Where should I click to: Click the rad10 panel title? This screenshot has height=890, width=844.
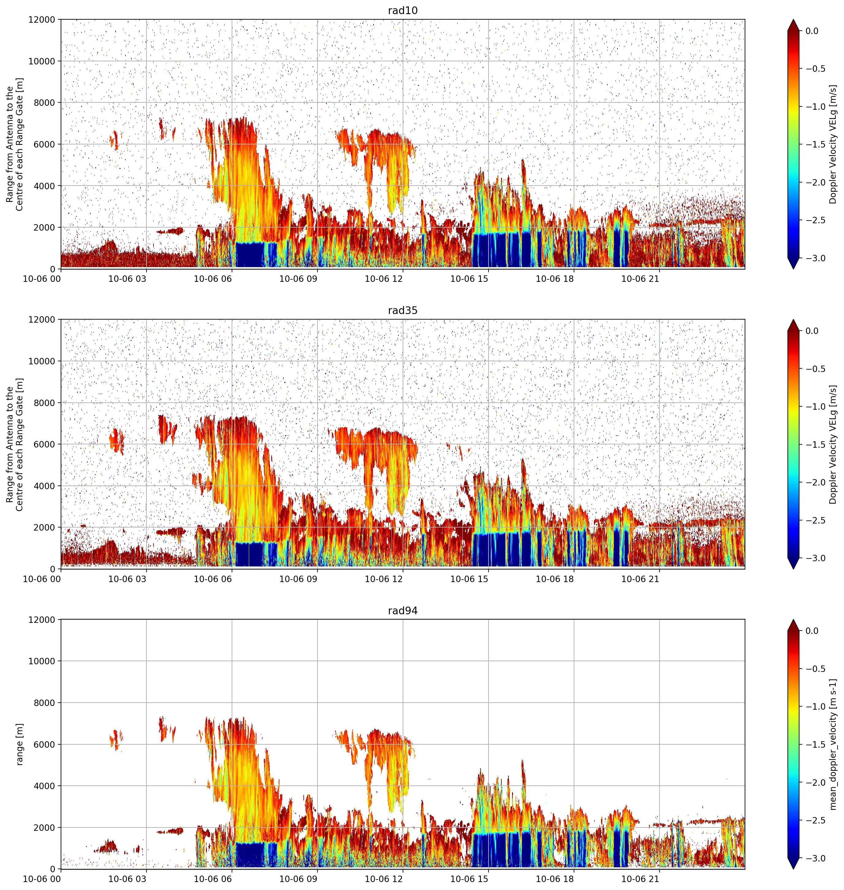coord(403,10)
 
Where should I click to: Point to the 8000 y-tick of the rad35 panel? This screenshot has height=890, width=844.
coord(44,403)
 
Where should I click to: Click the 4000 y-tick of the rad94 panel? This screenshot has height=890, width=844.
coord(44,786)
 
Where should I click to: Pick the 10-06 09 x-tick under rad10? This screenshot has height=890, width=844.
coord(298,279)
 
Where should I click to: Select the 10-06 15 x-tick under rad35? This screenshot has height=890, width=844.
coord(469,579)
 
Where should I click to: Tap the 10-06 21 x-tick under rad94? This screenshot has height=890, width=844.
coord(640,879)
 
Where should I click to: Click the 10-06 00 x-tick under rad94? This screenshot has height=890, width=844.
coord(42,879)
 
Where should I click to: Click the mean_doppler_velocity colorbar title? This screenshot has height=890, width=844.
coord(833,745)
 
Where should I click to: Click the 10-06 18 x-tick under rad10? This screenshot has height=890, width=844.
coord(555,279)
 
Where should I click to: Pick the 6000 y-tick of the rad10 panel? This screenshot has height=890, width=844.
coord(44,144)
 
